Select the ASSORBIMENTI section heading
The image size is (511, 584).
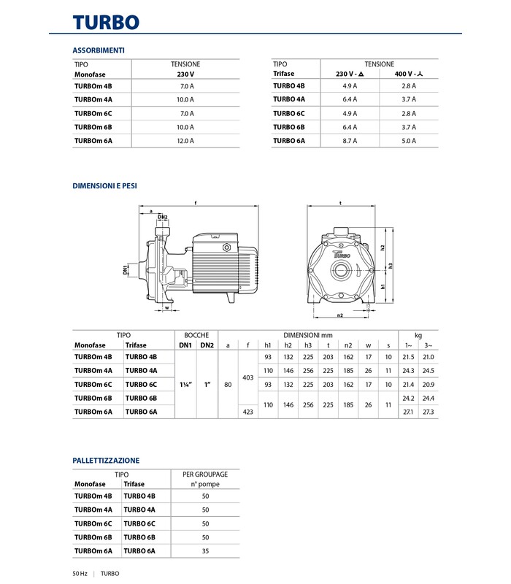(99, 50)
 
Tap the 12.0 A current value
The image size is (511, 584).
(185, 140)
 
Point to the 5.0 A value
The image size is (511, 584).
(408, 140)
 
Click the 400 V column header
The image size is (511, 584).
(408, 74)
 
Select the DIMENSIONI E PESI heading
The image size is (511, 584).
(104, 186)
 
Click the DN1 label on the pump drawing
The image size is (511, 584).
(126, 270)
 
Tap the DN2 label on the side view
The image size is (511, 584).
(163, 218)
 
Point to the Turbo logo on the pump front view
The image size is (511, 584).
(341, 255)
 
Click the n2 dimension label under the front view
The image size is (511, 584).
(339, 315)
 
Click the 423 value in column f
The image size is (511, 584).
(248, 412)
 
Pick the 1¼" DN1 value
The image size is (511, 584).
(185, 384)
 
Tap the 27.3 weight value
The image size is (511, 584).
(428, 412)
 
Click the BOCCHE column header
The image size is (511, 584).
(196, 334)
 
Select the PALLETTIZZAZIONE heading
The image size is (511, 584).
(106, 461)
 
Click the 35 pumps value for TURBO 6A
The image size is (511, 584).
(205, 550)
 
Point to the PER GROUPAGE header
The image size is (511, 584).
(205, 474)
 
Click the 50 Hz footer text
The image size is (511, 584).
(80, 574)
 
